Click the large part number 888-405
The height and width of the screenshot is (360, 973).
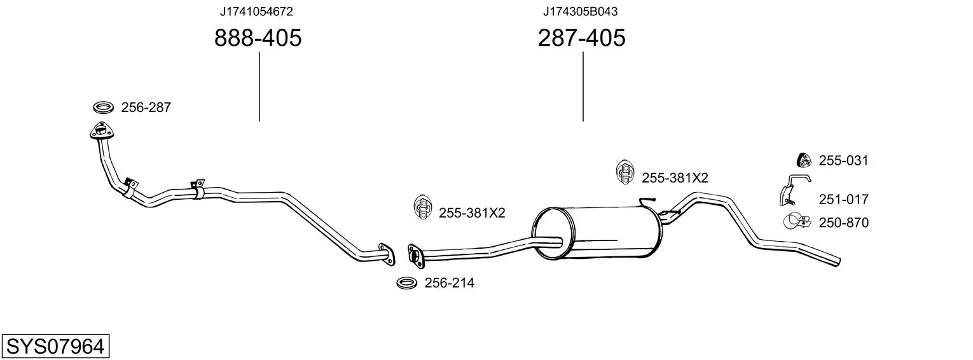(x=258, y=38)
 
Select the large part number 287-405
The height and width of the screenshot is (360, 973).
(x=582, y=38)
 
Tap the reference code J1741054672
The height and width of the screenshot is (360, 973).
(x=256, y=11)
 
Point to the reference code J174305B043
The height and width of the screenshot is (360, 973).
(x=581, y=11)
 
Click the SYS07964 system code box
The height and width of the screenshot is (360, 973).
(x=55, y=347)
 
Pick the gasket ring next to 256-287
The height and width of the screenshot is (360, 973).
(x=104, y=107)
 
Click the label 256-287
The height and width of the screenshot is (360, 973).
(x=146, y=107)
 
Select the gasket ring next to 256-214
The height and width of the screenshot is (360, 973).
(x=406, y=283)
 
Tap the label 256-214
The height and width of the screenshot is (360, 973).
(x=449, y=283)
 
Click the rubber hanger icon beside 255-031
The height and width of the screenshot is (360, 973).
(x=804, y=161)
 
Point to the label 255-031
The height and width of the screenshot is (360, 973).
(x=843, y=161)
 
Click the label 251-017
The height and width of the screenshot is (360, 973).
(x=843, y=199)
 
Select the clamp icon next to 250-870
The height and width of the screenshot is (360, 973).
(x=797, y=221)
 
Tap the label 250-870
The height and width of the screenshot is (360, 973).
(x=843, y=223)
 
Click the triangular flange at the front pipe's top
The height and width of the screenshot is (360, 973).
(x=102, y=131)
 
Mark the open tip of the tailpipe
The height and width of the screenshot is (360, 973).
(x=838, y=262)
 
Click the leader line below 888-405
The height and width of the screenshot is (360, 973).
(x=259, y=87)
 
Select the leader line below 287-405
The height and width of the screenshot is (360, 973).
(x=583, y=87)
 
